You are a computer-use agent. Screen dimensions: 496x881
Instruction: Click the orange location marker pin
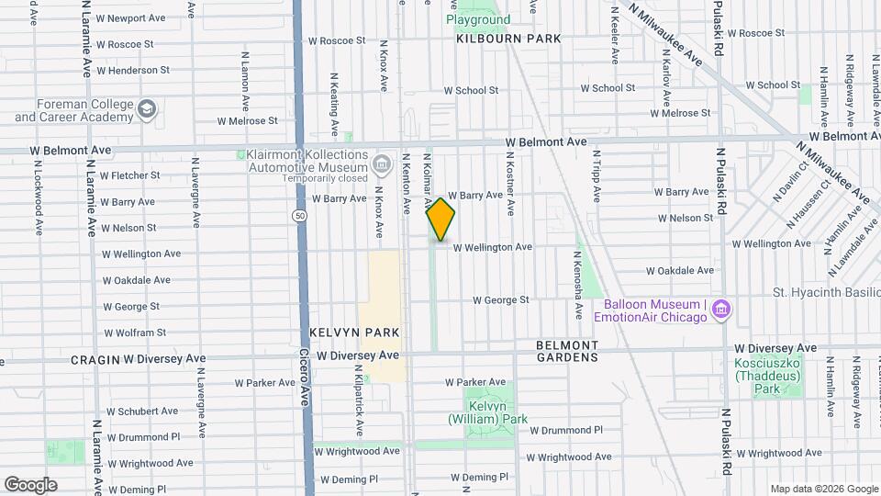(x=440, y=220)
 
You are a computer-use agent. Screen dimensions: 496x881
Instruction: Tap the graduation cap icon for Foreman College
(x=147, y=111)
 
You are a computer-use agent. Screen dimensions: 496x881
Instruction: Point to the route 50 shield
(x=300, y=214)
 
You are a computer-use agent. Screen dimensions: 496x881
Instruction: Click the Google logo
(x=30, y=485)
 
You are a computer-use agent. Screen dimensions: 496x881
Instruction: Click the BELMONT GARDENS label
(x=567, y=351)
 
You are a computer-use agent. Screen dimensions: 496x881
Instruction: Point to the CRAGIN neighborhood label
(x=95, y=359)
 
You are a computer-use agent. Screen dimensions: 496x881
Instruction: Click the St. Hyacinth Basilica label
(x=826, y=292)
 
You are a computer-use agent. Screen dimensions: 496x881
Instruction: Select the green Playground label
(x=478, y=19)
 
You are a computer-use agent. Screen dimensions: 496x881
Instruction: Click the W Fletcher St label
(x=129, y=175)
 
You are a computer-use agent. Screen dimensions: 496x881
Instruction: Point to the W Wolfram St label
(x=134, y=333)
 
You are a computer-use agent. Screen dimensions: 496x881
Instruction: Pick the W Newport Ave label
(x=130, y=17)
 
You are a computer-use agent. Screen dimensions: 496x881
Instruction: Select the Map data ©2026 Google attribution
(x=822, y=489)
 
